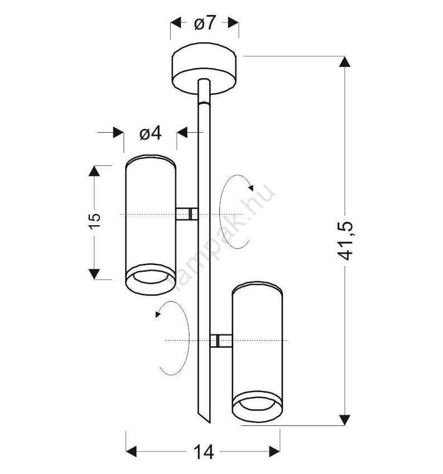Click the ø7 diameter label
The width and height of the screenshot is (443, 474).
[x=205, y=23]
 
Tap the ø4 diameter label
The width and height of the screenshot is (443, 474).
[x=150, y=133]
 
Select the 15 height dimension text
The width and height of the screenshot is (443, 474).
[x=95, y=221]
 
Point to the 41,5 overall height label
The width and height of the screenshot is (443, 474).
[x=345, y=241]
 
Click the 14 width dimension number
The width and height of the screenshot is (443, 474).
[x=204, y=452]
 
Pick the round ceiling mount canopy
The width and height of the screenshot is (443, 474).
[x=204, y=69]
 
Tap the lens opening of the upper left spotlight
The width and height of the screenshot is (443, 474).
[x=151, y=277]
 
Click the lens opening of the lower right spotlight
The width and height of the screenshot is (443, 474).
[x=257, y=404]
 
